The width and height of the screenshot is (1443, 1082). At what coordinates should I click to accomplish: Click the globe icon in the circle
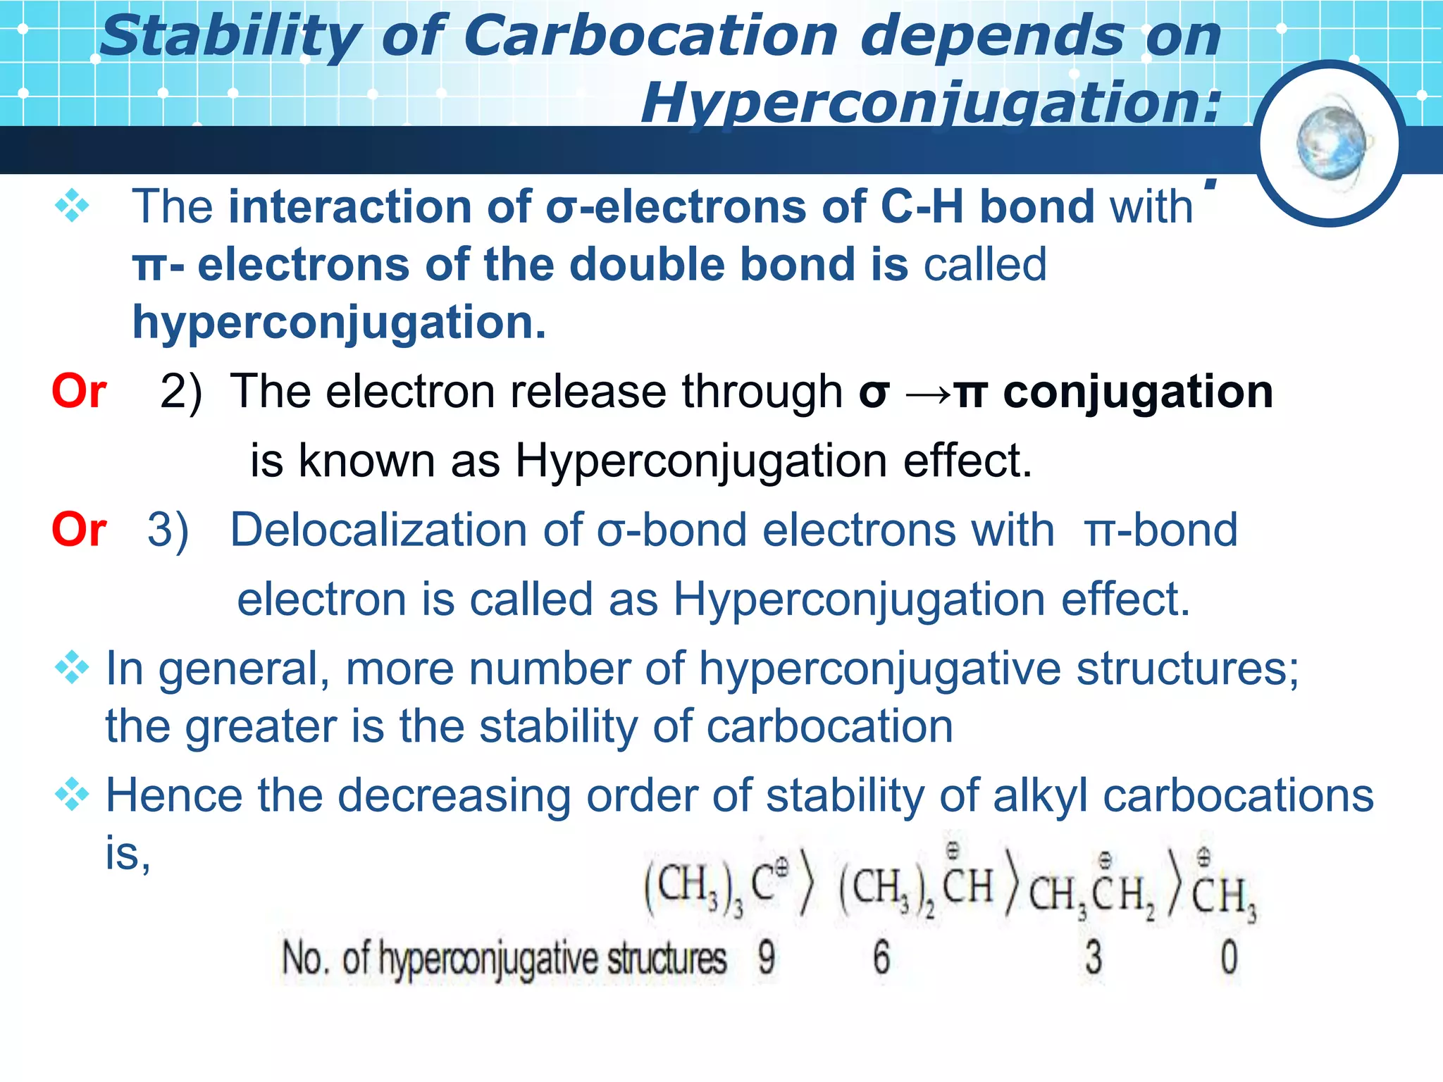[x=1330, y=143]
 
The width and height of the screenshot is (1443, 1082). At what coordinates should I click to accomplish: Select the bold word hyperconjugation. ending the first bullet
[x=339, y=323]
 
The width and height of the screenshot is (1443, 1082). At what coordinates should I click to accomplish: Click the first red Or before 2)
[x=79, y=391]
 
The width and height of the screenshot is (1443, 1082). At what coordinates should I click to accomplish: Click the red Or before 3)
[x=79, y=530]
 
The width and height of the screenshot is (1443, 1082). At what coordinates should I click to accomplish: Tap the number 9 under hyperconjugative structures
[x=767, y=958]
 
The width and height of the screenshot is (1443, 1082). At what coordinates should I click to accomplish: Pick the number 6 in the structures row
[x=881, y=958]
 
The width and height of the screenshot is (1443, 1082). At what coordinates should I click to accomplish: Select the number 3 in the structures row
[x=1093, y=958]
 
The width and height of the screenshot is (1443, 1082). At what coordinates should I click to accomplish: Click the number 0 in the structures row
[x=1229, y=958]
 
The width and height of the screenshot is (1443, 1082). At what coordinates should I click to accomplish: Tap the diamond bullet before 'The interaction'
[x=72, y=206]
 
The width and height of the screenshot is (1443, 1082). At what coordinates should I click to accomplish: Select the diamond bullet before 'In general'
[x=72, y=668]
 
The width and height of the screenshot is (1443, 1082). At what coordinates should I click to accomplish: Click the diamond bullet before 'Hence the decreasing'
[x=72, y=796]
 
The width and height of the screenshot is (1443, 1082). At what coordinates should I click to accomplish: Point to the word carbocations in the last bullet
[x=1238, y=796]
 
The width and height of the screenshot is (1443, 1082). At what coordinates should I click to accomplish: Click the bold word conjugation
[x=1138, y=392]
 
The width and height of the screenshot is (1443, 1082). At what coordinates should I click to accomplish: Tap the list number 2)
[x=180, y=392]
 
